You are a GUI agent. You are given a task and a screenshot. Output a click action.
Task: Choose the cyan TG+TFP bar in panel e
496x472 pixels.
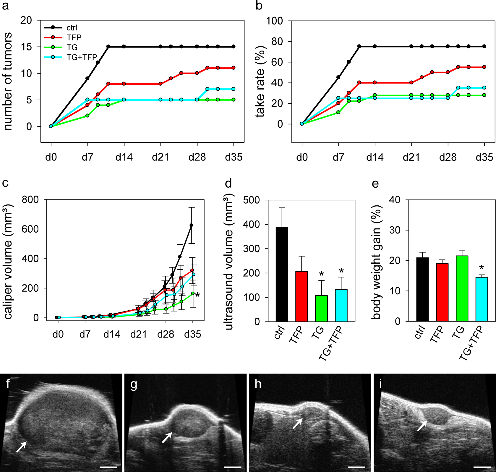(482, 299)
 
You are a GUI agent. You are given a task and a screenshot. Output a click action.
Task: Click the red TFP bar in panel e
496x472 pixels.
(442, 292)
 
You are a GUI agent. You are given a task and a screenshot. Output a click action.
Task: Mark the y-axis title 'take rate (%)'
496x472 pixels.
(260, 82)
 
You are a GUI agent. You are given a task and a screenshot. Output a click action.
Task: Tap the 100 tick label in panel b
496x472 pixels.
(274, 21)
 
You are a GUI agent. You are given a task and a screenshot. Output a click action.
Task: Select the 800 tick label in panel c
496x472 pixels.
(30, 199)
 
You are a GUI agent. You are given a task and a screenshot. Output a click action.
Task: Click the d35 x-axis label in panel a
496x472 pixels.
(234, 157)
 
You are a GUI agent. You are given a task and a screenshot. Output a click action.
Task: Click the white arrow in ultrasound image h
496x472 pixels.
(297, 424)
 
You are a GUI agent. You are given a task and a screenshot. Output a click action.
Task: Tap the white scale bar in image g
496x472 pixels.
(233, 467)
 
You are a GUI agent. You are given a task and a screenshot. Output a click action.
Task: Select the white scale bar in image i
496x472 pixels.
(482, 467)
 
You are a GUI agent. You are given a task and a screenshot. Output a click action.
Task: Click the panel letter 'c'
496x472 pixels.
(5, 183)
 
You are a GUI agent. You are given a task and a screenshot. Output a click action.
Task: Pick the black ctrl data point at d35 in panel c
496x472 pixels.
(192, 225)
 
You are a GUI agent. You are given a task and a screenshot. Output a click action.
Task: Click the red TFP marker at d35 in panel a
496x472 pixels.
(234, 68)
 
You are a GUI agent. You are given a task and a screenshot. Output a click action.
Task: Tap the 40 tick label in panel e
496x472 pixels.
(395, 200)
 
